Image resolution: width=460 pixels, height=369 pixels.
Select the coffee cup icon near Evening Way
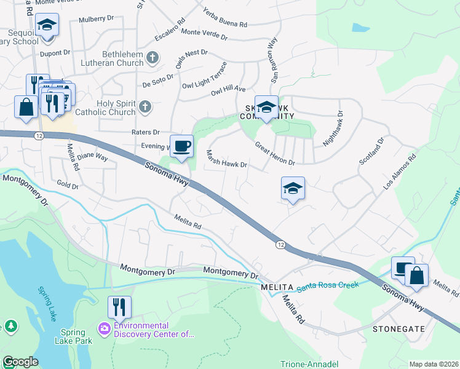tap(181, 146)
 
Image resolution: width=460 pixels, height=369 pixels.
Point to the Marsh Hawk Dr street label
tap(226, 160)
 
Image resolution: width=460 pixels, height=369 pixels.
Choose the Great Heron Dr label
tap(276, 154)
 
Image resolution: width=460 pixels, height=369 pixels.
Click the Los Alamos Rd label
tap(400, 170)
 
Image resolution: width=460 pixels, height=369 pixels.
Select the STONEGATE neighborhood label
tap(399, 329)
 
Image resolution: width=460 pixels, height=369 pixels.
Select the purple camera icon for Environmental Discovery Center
tap(105, 330)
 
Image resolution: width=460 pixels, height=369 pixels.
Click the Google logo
tap(20, 362)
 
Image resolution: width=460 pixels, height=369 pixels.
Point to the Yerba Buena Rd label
tap(225, 18)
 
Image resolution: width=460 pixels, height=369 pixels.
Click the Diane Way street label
tap(92, 157)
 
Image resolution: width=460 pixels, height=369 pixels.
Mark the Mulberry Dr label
tap(97, 20)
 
